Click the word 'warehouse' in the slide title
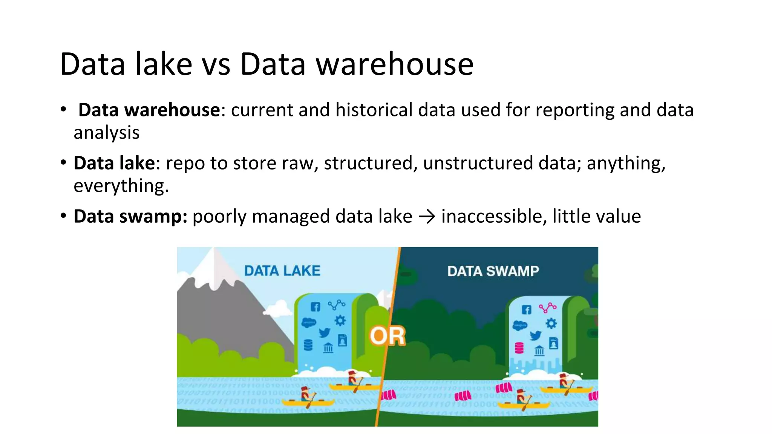[394, 64]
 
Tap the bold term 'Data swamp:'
[130, 216]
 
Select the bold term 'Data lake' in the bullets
[114, 163]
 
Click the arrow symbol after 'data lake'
[427, 217]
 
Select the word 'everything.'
[121, 186]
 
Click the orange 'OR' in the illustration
[387, 336]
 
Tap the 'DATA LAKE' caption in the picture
[282, 271]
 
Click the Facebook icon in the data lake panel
[316, 307]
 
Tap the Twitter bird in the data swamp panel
[535, 335]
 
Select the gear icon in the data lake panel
[340, 321]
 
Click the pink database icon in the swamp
[519, 348]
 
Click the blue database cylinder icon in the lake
[308, 345]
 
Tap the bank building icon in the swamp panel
[539, 351]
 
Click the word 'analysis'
[106, 133]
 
